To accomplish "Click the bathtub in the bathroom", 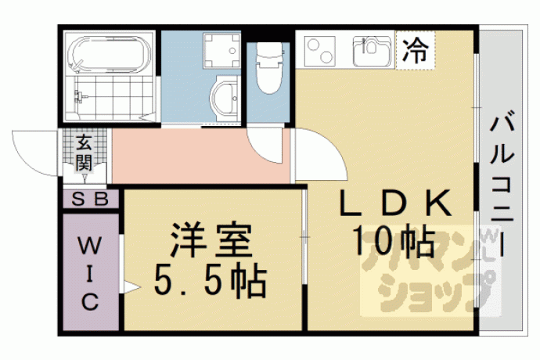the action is click(x=110, y=54).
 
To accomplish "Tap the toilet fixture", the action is click(x=269, y=68).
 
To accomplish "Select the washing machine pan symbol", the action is click(x=221, y=50).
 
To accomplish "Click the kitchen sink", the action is click(x=373, y=51).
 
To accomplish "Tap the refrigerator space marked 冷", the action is click(x=416, y=50).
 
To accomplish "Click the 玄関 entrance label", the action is click(x=84, y=153).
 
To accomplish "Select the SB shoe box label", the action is click(x=90, y=199).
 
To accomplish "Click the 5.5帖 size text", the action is click(x=210, y=282).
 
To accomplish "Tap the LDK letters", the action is click(x=396, y=203).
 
